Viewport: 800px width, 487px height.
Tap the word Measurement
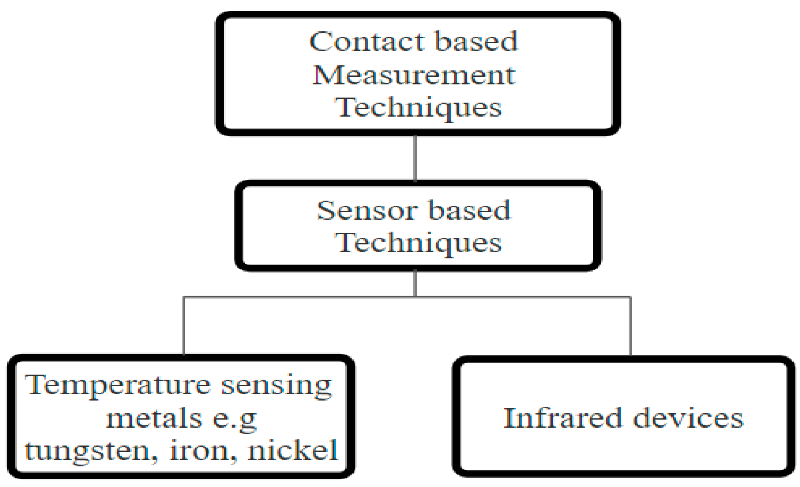pyautogui.click(x=413, y=75)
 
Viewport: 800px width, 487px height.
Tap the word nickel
pyautogui.click(x=292, y=450)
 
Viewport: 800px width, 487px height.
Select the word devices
pyautogui.click(x=688, y=418)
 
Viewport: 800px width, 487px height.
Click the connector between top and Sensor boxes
pyautogui.click(x=415, y=157)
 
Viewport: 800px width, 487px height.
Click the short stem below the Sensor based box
pyautogui.click(x=415, y=283)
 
